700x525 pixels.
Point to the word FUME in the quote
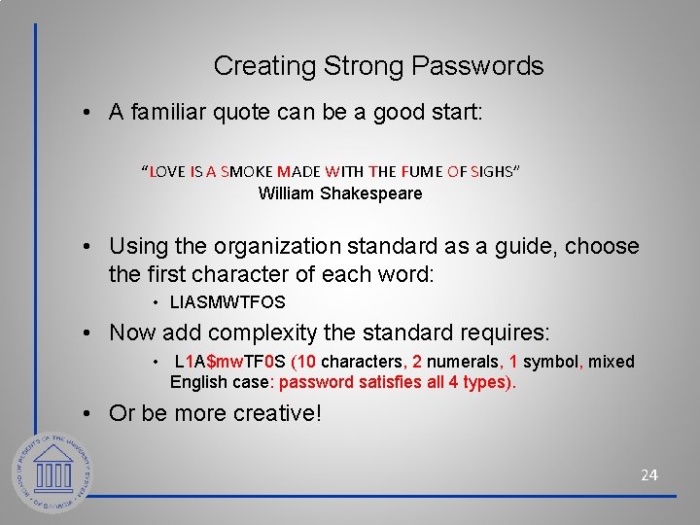tap(421, 172)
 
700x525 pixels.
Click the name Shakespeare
tap(373, 193)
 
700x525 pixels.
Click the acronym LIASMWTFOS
tap(227, 302)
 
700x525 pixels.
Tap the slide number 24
tap(648, 474)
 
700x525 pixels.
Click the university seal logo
tap(53, 474)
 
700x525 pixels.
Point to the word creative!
tap(276, 413)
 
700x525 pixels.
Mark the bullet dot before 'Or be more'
tap(88, 414)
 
